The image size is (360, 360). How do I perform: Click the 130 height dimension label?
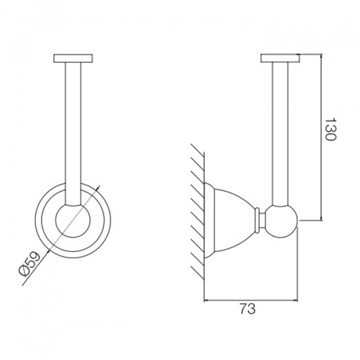[331, 129]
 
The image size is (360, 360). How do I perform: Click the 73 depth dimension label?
[247, 308]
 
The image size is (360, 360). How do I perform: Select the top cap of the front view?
[73, 58]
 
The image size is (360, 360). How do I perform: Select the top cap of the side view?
[280, 58]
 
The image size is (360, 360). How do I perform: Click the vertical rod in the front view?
[73, 133]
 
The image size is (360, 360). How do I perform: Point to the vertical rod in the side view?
[280, 133]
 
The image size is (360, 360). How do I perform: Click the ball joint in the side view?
[282, 221]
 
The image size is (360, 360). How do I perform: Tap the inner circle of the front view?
[73, 220]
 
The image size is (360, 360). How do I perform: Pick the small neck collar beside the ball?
[260, 220]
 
